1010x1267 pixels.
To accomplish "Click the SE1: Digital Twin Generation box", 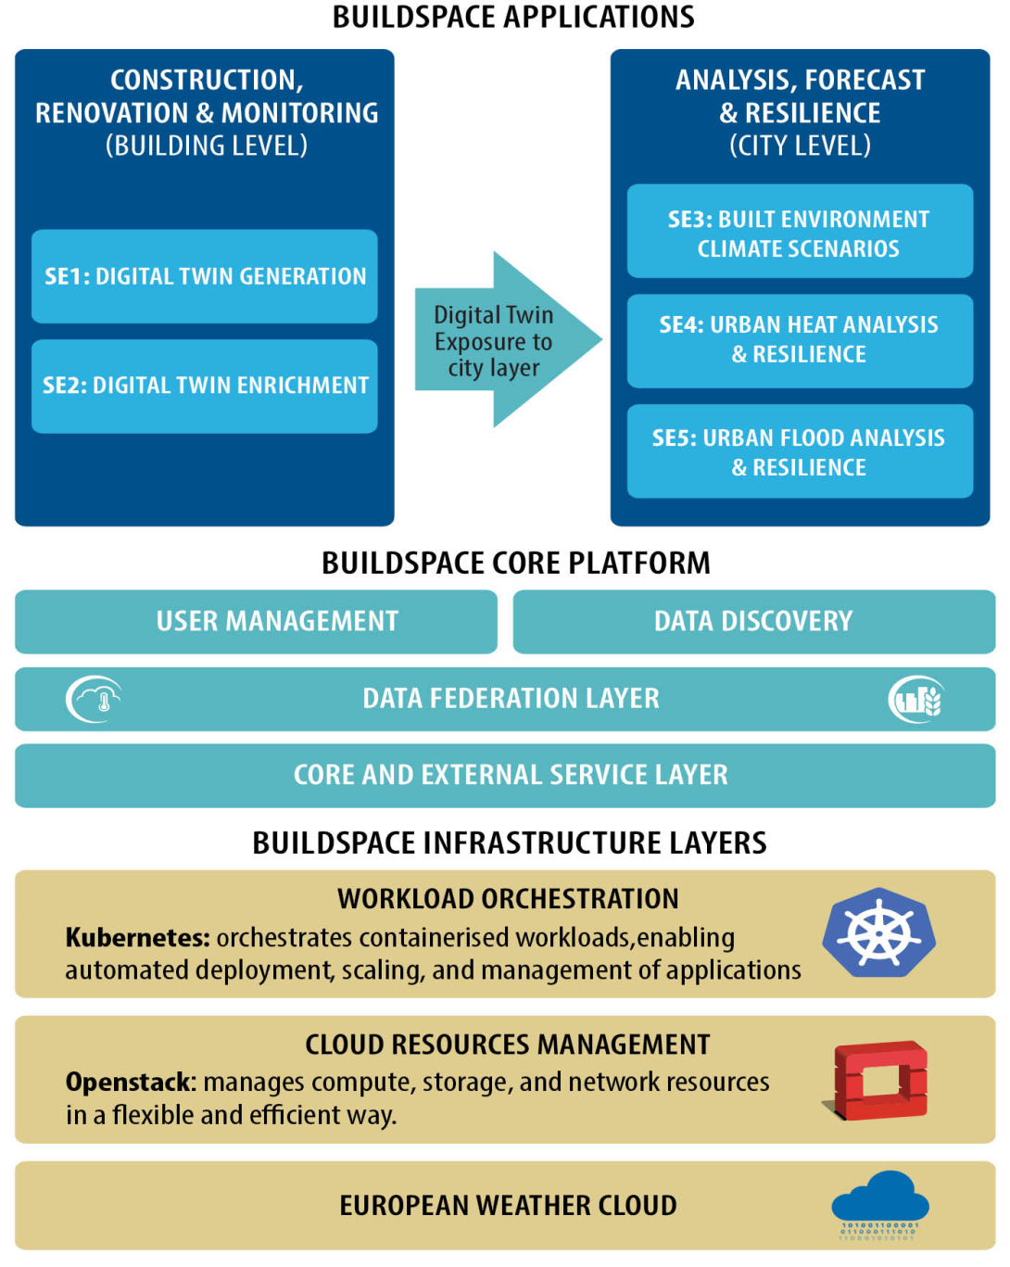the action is [204, 276].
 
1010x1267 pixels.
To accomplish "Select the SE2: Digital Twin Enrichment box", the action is [204, 386].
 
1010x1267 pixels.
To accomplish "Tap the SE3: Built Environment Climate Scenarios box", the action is [800, 231].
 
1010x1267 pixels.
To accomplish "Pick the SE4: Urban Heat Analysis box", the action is [800, 341].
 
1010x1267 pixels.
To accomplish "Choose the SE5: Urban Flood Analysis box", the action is [800, 451].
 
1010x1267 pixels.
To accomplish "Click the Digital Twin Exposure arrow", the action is [509, 339].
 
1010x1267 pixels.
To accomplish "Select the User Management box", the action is [256, 622].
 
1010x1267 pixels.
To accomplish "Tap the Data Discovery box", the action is [754, 622].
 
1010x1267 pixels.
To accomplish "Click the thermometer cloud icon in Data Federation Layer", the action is [95, 699].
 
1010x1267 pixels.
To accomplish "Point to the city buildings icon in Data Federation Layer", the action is [916, 699].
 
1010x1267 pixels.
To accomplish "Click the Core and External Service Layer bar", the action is [505, 776].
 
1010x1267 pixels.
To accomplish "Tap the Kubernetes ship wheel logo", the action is [878, 933].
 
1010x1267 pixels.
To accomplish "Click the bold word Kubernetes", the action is [138, 938].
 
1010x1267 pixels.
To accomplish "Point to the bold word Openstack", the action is [131, 1083].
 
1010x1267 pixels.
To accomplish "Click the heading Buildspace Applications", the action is [513, 17].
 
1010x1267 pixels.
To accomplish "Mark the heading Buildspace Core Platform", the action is [516, 563].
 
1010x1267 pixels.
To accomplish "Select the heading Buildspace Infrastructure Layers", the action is [510, 843].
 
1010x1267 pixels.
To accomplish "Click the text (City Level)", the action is [800, 146].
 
